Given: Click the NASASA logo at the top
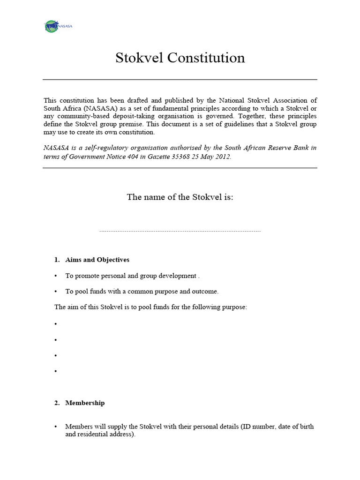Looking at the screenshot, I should click(58, 26).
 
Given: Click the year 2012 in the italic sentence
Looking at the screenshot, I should click(223, 156).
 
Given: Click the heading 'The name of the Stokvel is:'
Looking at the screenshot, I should click(180, 197).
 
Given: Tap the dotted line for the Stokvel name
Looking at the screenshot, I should click(180, 231).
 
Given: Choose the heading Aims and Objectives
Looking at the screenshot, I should click(97, 260).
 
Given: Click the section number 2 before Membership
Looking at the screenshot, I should click(57, 403).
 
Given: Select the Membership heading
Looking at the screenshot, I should click(85, 403).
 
